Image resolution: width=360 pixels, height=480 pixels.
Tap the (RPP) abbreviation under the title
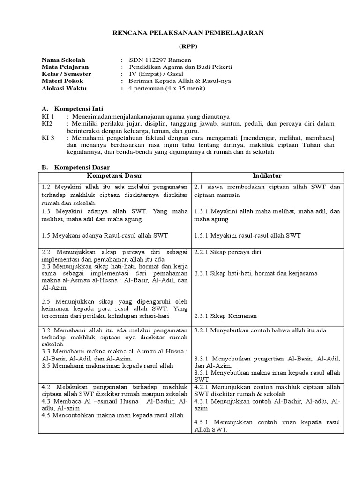click(x=189, y=46)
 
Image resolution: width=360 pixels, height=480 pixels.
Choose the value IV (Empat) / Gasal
click(x=162, y=74)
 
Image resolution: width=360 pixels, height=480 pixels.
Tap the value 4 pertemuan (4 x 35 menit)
click(x=169, y=88)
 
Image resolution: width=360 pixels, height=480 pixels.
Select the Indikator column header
click(x=267, y=175)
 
